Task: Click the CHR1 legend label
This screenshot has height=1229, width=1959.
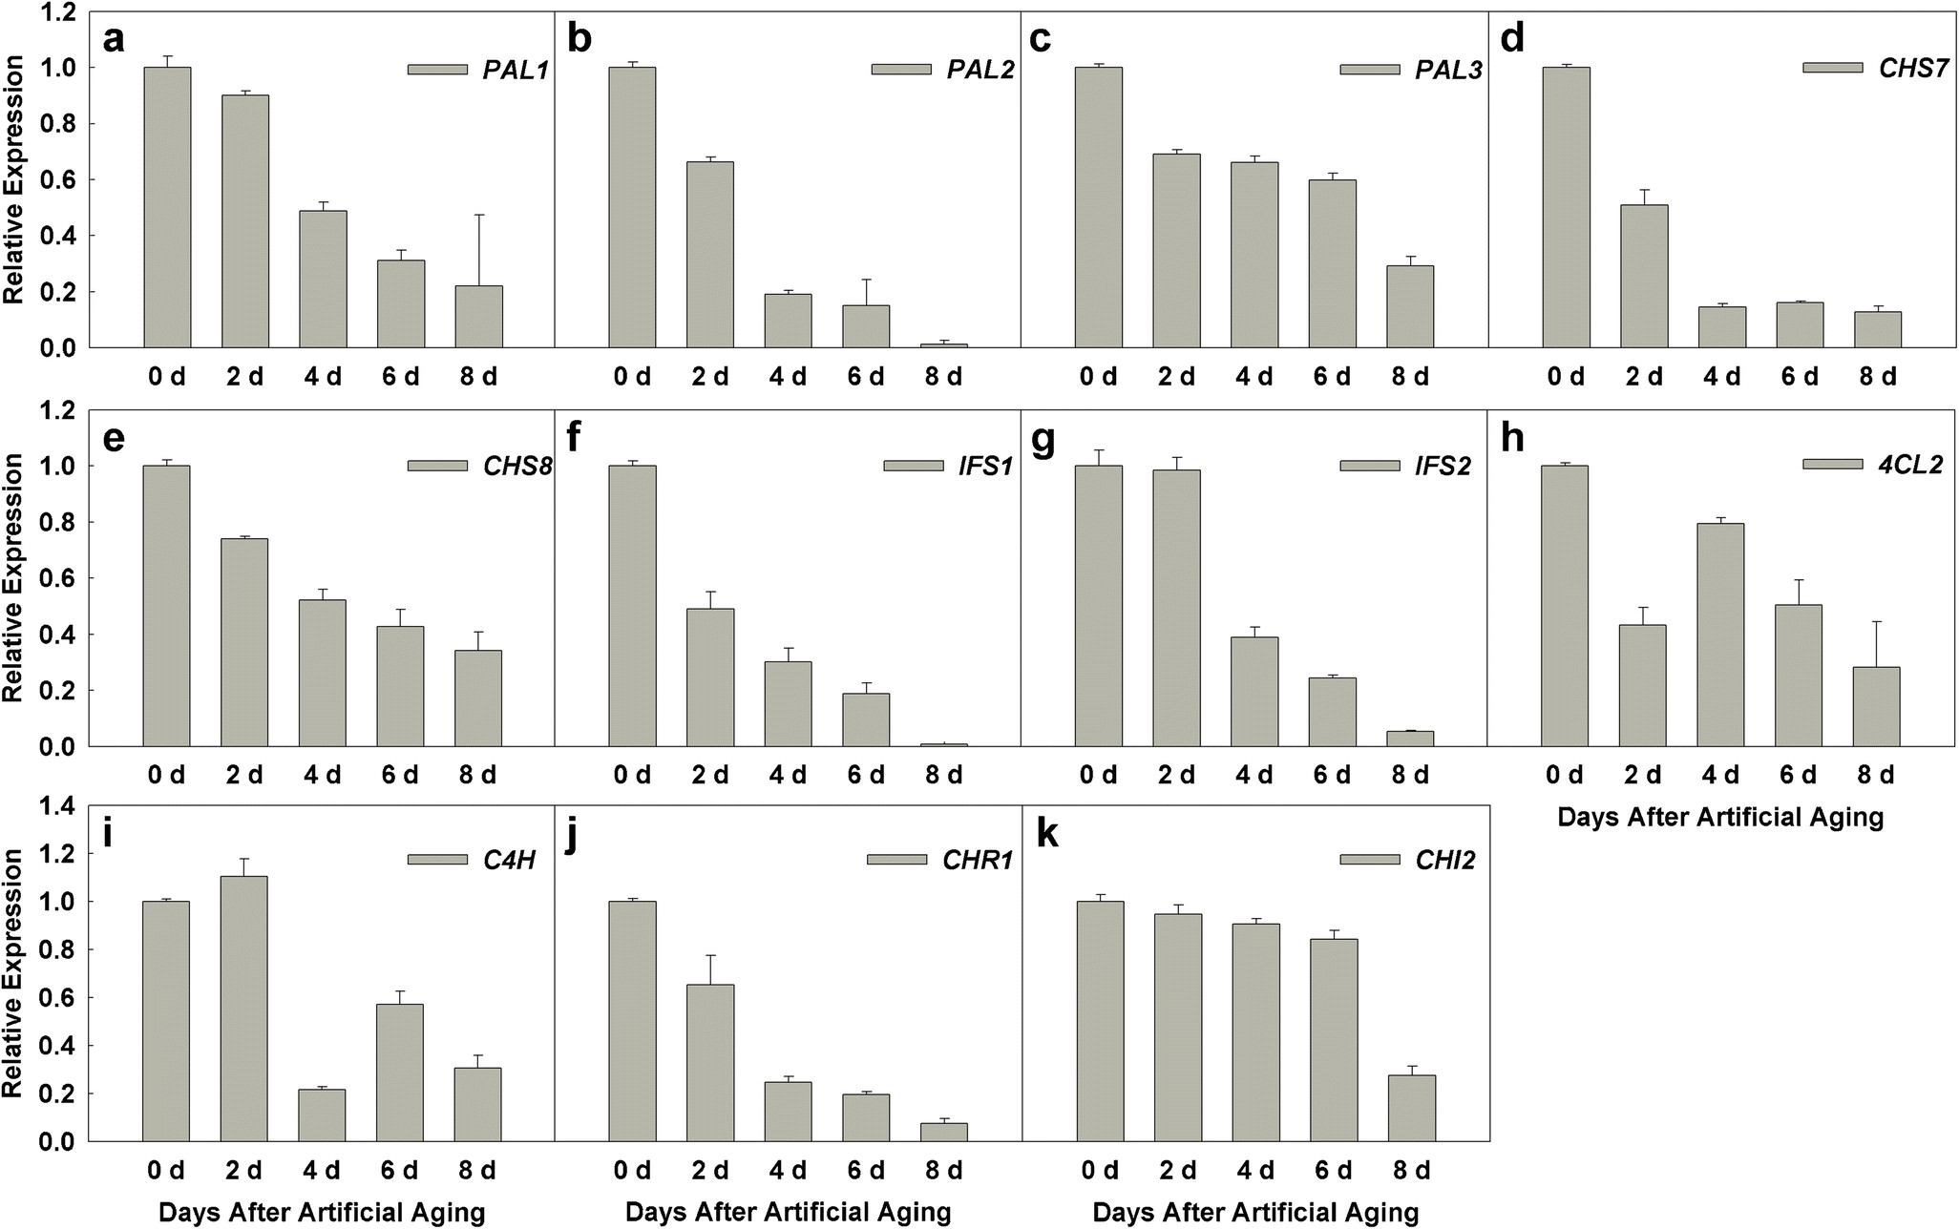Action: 977,861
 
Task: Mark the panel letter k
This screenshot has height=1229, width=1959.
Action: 1046,834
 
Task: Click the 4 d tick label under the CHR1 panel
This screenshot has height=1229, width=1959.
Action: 788,1170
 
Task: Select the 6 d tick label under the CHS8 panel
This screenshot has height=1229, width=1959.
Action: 400,774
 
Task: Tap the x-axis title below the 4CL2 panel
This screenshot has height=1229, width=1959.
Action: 1720,818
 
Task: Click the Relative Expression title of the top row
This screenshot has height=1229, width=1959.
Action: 13,179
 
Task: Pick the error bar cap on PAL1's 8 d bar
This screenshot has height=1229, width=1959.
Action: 478,216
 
